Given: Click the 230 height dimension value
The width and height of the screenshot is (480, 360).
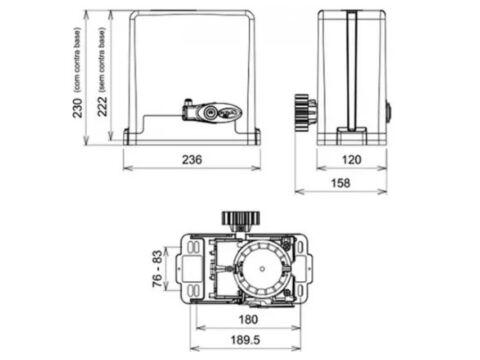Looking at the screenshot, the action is (77, 108).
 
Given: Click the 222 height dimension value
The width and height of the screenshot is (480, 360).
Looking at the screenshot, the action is (102, 106).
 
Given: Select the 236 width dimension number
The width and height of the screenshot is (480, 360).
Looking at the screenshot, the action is (192, 160).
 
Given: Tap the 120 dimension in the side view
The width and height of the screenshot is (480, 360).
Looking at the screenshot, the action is (352, 160).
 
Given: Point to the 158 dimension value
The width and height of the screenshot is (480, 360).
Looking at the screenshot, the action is (341, 183).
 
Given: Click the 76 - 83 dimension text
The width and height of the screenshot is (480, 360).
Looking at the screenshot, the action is (157, 268).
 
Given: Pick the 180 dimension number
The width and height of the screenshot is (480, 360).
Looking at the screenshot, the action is (248, 320).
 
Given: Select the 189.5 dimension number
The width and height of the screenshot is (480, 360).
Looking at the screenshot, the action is (245, 340).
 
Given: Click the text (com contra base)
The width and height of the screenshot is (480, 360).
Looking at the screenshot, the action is (77, 60).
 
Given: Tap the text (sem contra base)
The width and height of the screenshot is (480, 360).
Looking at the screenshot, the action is (102, 60).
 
